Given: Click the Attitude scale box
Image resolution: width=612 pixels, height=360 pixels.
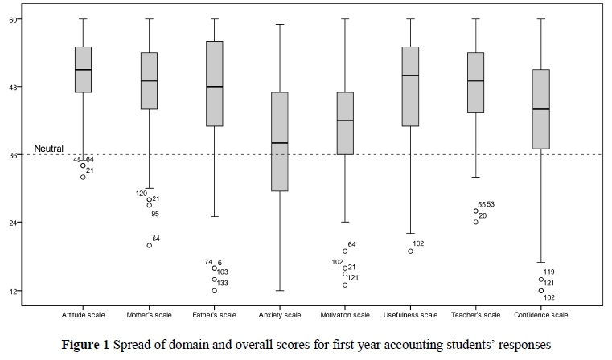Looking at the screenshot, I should pos(83,69).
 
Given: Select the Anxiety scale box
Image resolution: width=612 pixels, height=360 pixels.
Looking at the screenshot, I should pos(279,141).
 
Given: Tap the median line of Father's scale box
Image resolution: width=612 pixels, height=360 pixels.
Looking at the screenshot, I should pos(214,86).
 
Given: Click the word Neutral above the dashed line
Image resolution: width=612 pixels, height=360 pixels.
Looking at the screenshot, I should pos(47,149).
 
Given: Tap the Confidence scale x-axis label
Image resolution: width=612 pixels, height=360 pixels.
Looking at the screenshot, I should pos(541,314).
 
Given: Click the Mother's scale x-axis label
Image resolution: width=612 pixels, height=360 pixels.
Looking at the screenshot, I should pos(149,314).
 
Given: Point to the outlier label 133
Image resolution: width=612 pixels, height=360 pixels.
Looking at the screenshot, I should pos(222,283).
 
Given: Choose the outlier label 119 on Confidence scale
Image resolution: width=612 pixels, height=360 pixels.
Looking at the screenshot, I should pos(548,272).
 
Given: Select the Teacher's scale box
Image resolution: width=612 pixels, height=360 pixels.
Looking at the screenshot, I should pos(475,82).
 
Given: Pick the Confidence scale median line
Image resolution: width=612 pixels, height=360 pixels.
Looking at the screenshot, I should pos(541,109).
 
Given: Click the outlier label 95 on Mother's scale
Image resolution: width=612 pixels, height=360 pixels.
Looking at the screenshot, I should pos(155,214).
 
